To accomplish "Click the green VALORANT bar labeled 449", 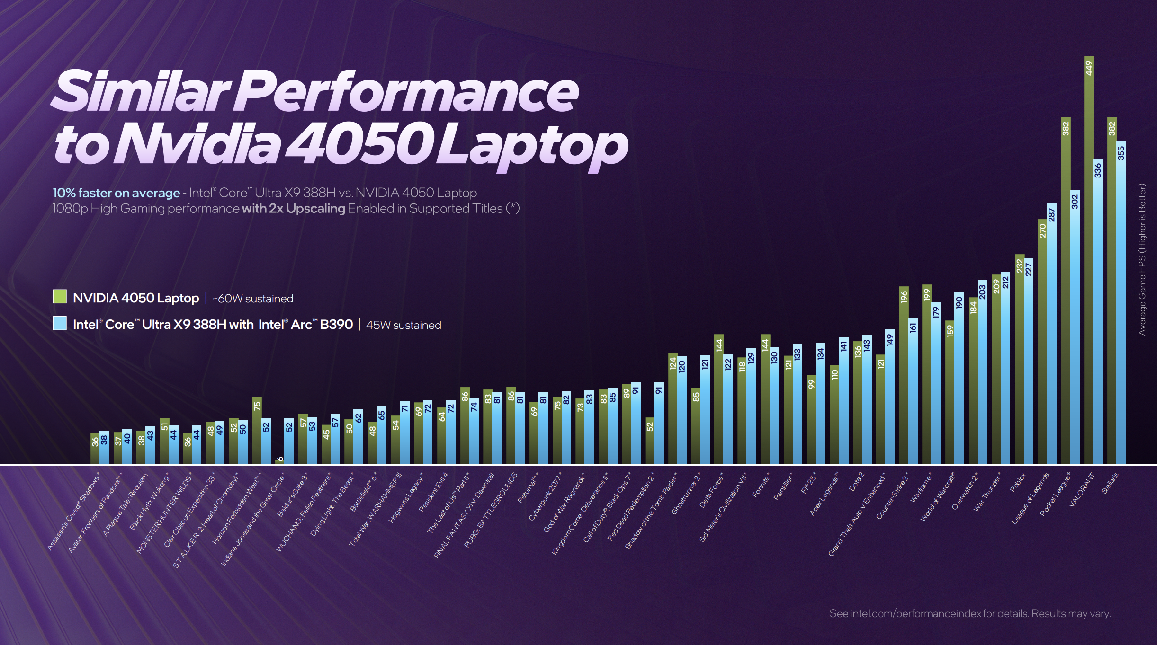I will point(1089,260).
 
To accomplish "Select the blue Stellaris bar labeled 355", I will point(1121,303).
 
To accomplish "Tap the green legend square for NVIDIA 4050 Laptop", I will point(60,297).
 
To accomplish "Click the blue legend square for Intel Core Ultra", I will point(60,323).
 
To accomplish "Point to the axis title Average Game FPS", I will point(1142,259).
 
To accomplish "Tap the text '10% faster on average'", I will point(116,193).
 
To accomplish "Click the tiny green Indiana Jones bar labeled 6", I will point(279,461).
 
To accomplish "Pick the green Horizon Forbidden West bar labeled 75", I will point(257,431).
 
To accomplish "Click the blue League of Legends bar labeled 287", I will point(1051,334).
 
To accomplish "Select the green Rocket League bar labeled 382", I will point(1066,291).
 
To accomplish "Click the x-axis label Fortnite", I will point(761,485).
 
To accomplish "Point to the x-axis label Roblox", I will point(1017,483).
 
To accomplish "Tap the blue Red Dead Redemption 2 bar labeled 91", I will point(659,424).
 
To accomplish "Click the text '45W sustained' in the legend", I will point(404,325).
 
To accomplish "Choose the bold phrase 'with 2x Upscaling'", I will point(293,209).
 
